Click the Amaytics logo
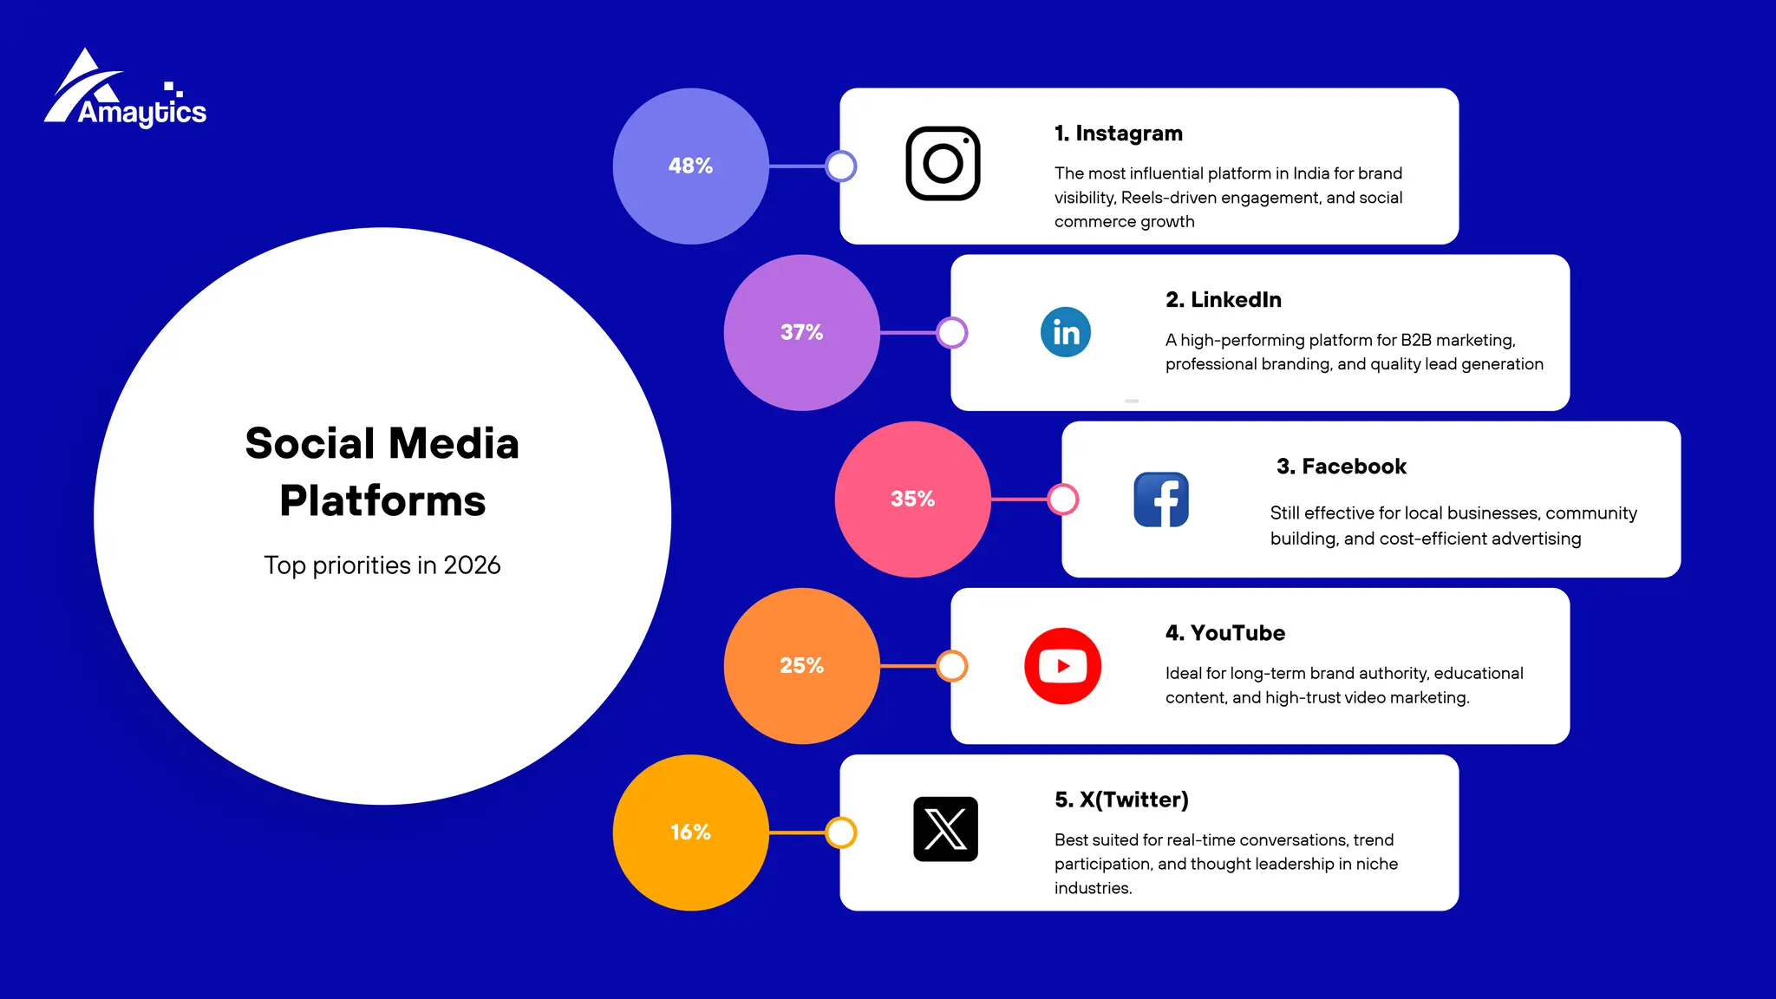click(x=125, y=91)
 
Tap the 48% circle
click(x=690, y=166)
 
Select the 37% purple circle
click(x=801, y=332)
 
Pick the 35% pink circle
click(x=912, y=499)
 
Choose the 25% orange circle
click(x=801, y=665)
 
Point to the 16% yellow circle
click(x=690, y=832)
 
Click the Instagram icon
click(x=943, y=164)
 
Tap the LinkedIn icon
click(x=1065, y=332)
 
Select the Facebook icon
click(x=1161, y=499)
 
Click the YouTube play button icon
click(x=1062, y=666)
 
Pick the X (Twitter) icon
click(x=945, y=829)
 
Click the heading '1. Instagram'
click(x=1118, y=134)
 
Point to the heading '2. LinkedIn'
click(x=1223, y=300)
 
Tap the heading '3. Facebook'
click(x=1341, y=467)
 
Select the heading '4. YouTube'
click(x=1224, y=633)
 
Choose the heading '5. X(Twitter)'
click(x=1120, y=800)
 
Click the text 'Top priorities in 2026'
click(x=382, y=565)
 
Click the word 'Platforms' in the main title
click(x=382, y=501)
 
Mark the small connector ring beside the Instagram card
click(x=840, y=166)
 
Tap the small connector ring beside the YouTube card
click(x=952, y=666)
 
